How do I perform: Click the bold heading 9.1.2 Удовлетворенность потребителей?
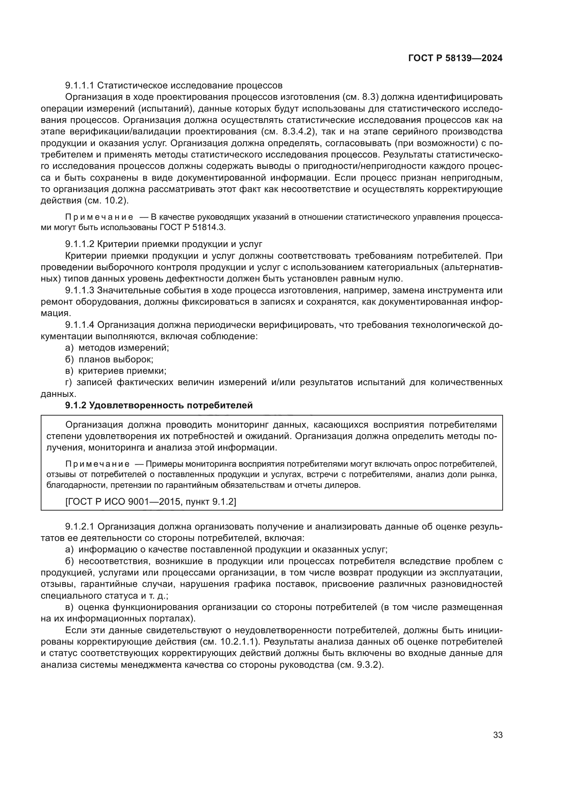coord(159,406)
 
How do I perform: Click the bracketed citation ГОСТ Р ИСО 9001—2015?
coord(123,502)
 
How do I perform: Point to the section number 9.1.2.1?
coord(80,526)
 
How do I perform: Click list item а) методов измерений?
coord(117,348)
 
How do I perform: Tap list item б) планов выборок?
coord(109,359)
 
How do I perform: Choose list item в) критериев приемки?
coord(116,371)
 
